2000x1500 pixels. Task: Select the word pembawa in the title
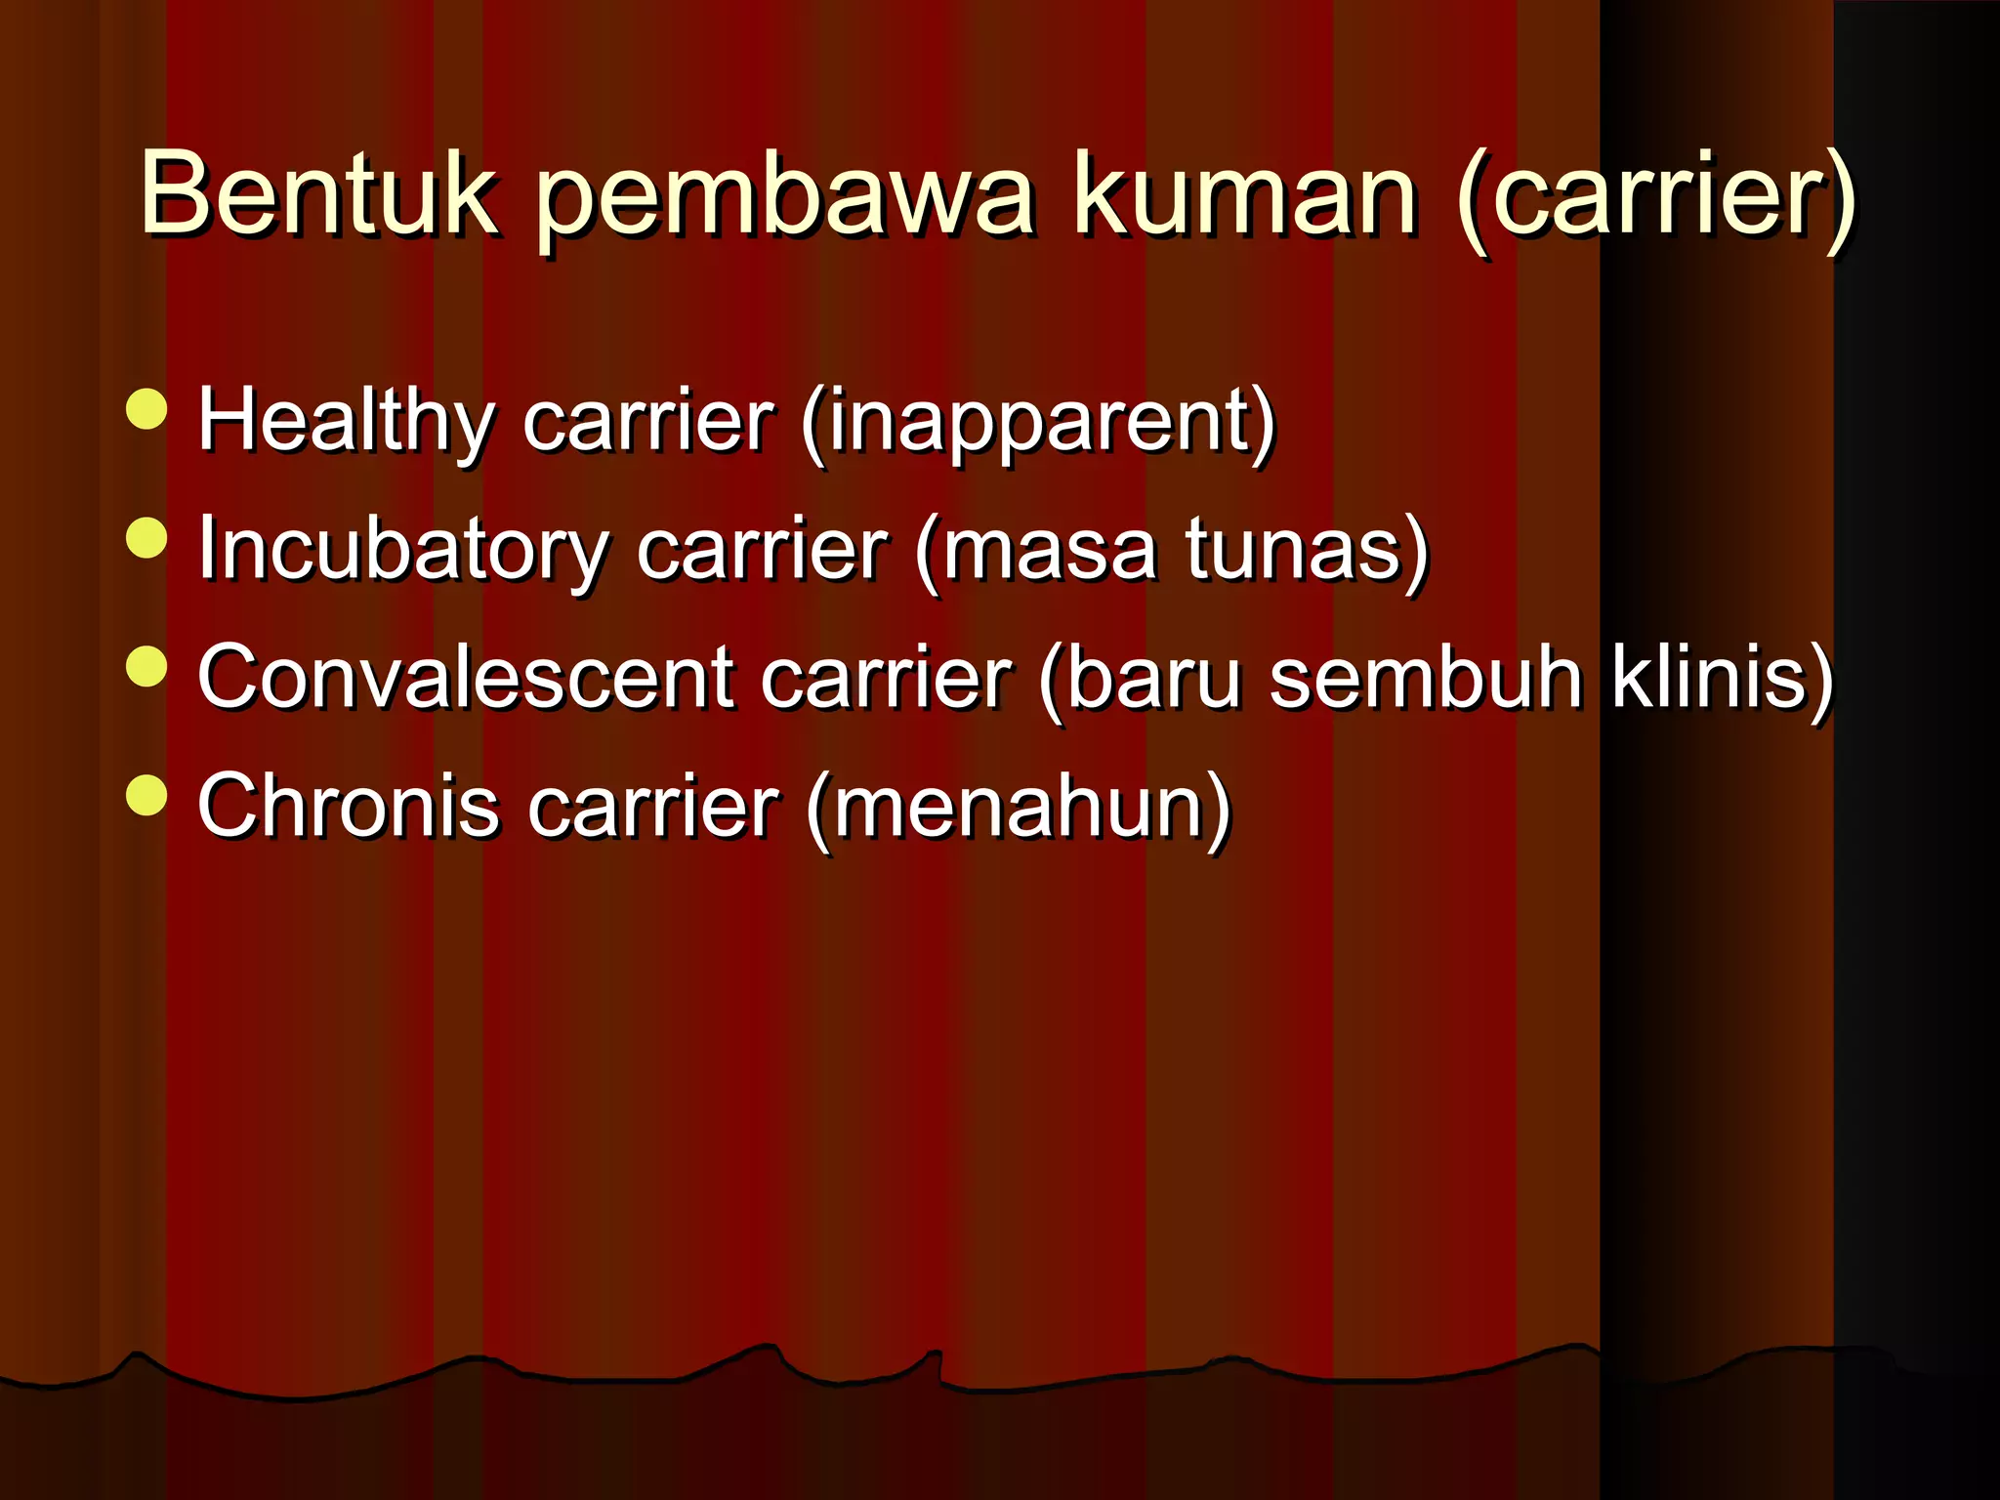785,200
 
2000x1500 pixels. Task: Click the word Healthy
346,422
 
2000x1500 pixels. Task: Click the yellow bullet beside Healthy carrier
147,409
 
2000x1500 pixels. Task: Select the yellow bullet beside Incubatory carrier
147,538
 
